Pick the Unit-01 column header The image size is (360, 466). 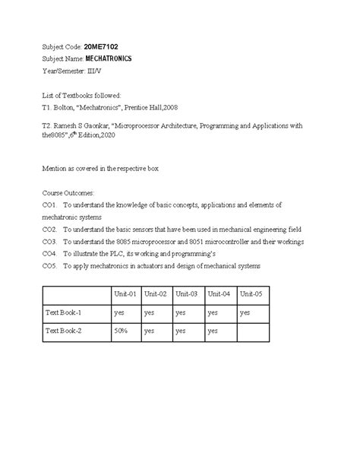pos(125,293)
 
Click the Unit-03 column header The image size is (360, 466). pos(187,293)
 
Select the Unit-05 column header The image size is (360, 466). pos(250,293)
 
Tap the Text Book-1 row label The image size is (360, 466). pos(64,312)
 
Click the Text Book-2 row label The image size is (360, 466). pos(64,331)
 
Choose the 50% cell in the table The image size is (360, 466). pos(122,331)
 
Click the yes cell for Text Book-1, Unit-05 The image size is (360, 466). pos(245,312)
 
